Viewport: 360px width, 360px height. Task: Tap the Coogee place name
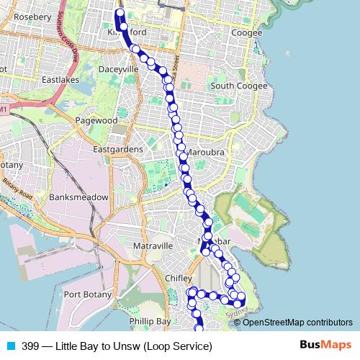[247, 33]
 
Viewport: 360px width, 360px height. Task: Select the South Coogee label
[238, 86]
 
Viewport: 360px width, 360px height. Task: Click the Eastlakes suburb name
[60, 79]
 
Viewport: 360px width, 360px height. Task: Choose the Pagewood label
[96, 121]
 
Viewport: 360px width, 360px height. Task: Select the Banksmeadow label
[78, 197]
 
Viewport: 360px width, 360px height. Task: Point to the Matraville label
[153, 246]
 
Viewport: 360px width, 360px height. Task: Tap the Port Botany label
[87, 294]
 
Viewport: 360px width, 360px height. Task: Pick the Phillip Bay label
[149, 321]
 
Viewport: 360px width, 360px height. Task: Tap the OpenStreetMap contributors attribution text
[297, 322]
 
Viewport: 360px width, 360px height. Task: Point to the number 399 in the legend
[31, 346]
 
